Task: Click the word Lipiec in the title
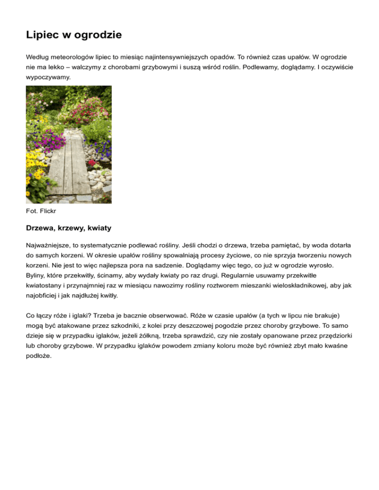coord(43,35)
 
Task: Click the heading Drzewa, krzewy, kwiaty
coord(69,229)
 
